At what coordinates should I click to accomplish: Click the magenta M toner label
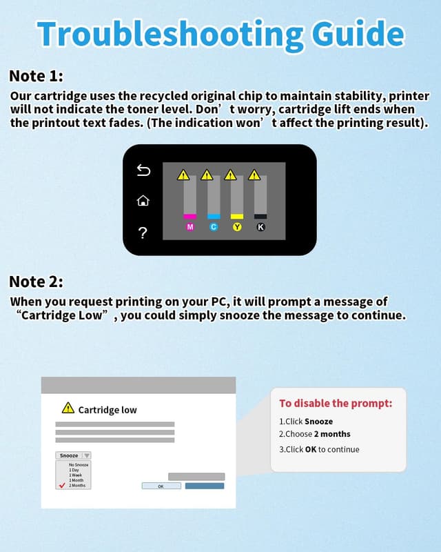(190, 227)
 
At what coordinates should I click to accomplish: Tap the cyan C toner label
(214, 227)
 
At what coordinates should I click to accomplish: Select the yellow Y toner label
(237, 227)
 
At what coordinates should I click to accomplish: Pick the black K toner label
(260, 227)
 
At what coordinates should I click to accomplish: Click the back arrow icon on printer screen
(143, 170)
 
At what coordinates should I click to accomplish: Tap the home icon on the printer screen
(143, 201)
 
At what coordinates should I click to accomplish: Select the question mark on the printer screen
(143, 233)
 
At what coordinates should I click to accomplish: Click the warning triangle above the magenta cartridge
(183, 175)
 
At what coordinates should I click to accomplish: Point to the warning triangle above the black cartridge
(254, 175)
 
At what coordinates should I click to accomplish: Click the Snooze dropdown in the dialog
(73, 455)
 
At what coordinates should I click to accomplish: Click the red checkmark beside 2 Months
(62, 485)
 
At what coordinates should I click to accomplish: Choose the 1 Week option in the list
(76, 475)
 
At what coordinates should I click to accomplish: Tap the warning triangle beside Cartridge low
(68, 408)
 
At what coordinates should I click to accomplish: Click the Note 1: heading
(36, 76)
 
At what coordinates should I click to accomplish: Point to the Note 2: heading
(36, 282)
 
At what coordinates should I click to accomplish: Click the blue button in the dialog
(205, 486)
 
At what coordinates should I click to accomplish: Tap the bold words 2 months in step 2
(332, 434)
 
